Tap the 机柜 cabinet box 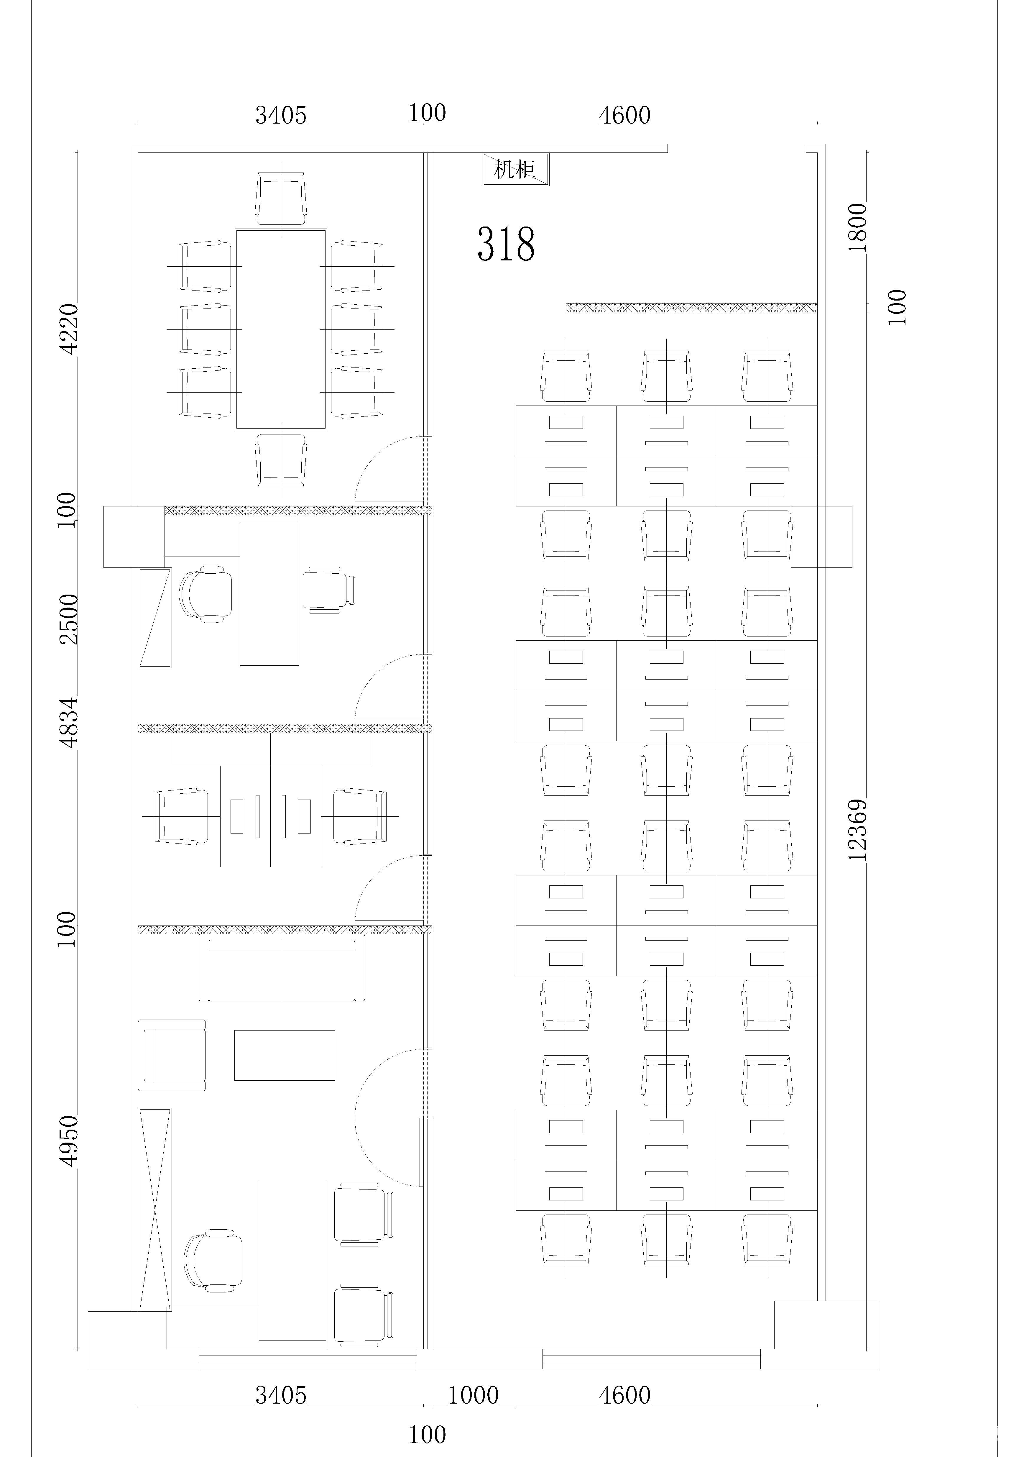point(515,169)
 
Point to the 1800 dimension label point(857,227)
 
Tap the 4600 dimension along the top point(625,115)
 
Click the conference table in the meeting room point(281,329)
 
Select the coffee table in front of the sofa point(285,1055)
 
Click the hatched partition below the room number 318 point(691,307)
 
